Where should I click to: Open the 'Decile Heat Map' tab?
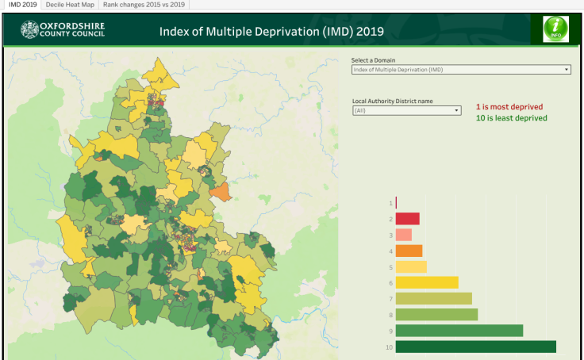click(69, 5)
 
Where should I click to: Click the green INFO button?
click(555, 29)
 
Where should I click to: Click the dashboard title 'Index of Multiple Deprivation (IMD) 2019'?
click(271, 32)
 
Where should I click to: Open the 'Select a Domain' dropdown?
click(460, 70)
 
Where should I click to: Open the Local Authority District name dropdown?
click(406, 111)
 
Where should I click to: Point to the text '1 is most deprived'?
click(509, 106)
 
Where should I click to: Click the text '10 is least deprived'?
click(511, 118)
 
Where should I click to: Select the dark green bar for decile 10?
click(475, 347)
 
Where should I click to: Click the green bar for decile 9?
click(459, 331)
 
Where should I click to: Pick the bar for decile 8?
click(436, 315)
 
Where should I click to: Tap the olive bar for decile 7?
click(433, 299)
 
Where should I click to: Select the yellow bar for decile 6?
click(426, 282)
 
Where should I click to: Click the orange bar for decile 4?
click(409, 251)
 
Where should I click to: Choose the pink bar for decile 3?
click(403, 235)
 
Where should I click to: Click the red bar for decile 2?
click(407, 219)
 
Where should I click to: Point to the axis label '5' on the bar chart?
click(390, 266)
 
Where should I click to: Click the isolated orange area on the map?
click(221, 191)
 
